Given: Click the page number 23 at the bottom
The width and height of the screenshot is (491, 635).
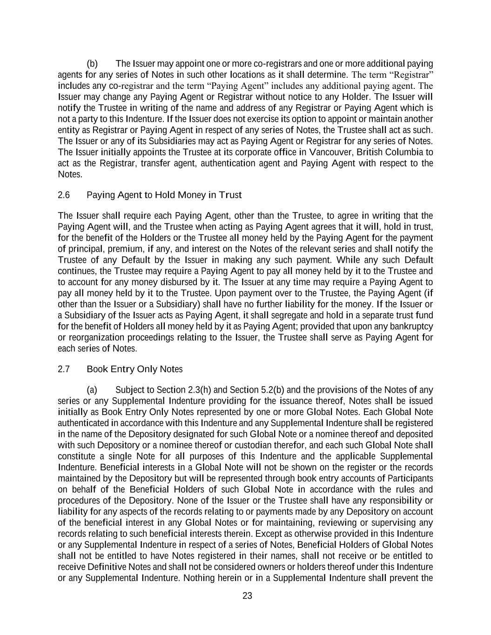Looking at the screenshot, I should point(247,595).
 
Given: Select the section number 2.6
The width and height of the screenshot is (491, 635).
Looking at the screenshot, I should point(64,195).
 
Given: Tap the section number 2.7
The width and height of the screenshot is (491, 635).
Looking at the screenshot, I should point(64,369).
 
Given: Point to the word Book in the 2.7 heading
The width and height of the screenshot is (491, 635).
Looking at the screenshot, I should point(97,369).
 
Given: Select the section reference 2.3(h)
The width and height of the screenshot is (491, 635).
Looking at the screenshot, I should point(201,389).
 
